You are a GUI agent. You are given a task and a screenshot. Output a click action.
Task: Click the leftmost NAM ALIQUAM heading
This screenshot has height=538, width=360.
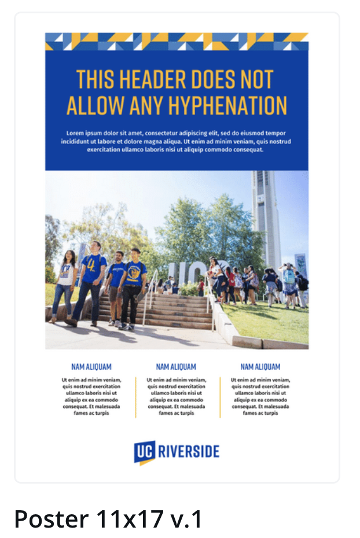pos(91,367)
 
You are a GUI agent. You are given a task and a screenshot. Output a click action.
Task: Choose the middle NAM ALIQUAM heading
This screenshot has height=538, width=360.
pos(176,367)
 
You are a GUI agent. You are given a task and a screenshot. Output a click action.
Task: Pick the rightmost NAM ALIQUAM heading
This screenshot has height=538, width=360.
pos(260,367)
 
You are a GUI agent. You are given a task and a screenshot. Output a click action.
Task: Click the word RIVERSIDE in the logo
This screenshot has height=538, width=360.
pos(189,451)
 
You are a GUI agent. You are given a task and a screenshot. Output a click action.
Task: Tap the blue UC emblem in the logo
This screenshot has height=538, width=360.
pos(145,452)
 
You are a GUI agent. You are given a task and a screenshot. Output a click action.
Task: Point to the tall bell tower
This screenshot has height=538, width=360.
pos(265,214)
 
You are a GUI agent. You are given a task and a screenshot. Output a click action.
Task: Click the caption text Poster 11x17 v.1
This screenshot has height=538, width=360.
pos(108,519)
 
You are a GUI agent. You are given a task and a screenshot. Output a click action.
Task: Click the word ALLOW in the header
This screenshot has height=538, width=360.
pos(95,106)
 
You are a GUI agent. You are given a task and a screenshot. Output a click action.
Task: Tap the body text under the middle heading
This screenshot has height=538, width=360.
pos(176,396)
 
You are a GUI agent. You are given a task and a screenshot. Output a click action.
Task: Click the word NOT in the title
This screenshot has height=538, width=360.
pos(255,79)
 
